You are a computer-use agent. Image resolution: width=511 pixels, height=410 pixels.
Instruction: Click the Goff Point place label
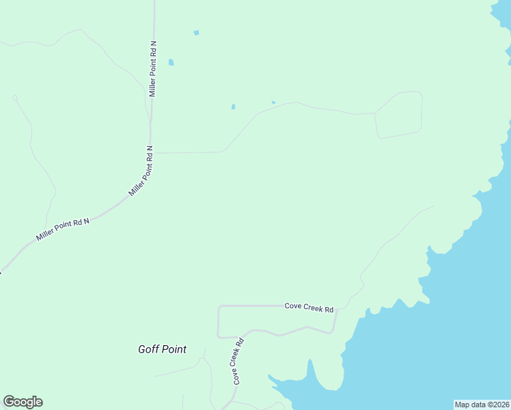[x=162, y=349]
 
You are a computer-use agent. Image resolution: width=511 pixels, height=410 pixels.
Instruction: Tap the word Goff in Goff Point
[x=148, y=349]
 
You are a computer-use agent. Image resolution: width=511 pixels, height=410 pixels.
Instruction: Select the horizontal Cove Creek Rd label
[x=309, y=307]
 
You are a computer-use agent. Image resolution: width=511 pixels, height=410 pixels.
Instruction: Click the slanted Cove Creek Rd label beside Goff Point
[x=238, y=361]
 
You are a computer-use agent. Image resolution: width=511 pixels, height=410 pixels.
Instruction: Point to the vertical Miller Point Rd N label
[x=153, y=68]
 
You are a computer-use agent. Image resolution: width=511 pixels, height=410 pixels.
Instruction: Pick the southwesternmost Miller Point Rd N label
[x=63, y=230]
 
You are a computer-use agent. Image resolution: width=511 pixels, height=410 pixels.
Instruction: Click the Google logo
[x=23, y=402]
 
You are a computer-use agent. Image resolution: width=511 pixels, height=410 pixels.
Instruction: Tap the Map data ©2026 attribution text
[x=482, y=405]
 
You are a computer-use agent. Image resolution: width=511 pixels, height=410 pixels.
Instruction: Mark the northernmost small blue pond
[x=197, y=32]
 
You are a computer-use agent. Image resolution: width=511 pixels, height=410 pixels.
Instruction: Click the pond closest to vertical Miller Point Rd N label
[x=171, y=62]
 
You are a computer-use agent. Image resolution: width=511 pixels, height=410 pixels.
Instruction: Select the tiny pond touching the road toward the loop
[x=273, y=102]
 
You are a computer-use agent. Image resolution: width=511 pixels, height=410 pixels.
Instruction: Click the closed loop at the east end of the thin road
[x=398, y=114]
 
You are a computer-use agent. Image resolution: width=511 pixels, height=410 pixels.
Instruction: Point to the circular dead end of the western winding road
[x=15, y=98]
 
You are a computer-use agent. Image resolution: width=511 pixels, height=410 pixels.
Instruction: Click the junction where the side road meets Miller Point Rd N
[x=151, y=152]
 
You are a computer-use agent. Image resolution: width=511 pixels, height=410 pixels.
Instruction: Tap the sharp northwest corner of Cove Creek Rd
[x=219, y=307]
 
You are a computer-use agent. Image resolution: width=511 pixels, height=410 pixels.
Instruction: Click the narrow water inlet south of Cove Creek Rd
[x=312, y=369]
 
